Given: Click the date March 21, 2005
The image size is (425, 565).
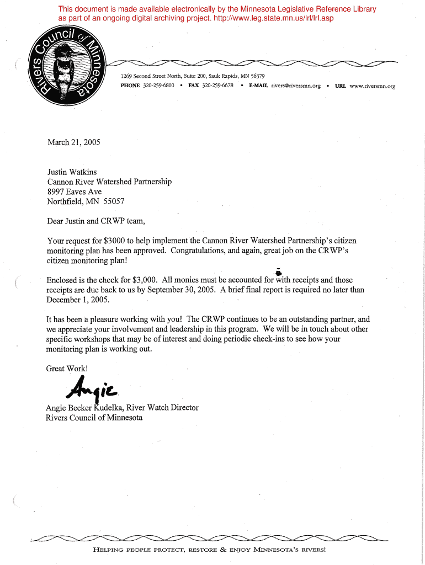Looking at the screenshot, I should click(x=74, y=142).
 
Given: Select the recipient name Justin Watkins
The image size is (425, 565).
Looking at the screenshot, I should click(x=72, y=172).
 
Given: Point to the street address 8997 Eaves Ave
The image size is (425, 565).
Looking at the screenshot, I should click(x=75, y=191).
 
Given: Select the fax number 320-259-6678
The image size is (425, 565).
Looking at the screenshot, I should click(x=217, y=86).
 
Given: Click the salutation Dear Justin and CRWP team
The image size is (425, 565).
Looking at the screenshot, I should click(x=96, y=221).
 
